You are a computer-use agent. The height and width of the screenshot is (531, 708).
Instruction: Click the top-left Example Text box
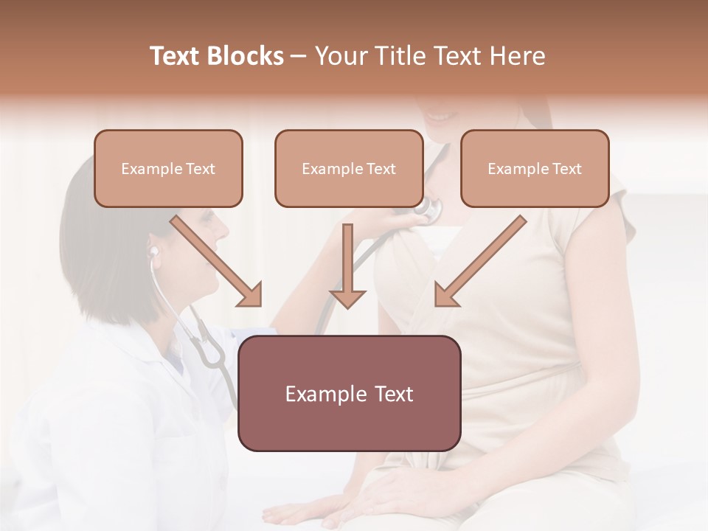(x=168, y=168)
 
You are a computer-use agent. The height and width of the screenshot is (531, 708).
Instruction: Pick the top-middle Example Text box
(x=349, y=168)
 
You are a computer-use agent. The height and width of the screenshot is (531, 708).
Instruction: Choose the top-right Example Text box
(x=535, y=168)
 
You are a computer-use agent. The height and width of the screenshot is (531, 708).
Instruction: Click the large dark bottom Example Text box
(x=349, y=393)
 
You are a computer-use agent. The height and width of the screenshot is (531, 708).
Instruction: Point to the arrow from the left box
(x=218, y=263)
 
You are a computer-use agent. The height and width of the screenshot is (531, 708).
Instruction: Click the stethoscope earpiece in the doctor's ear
(x=154, y=251)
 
